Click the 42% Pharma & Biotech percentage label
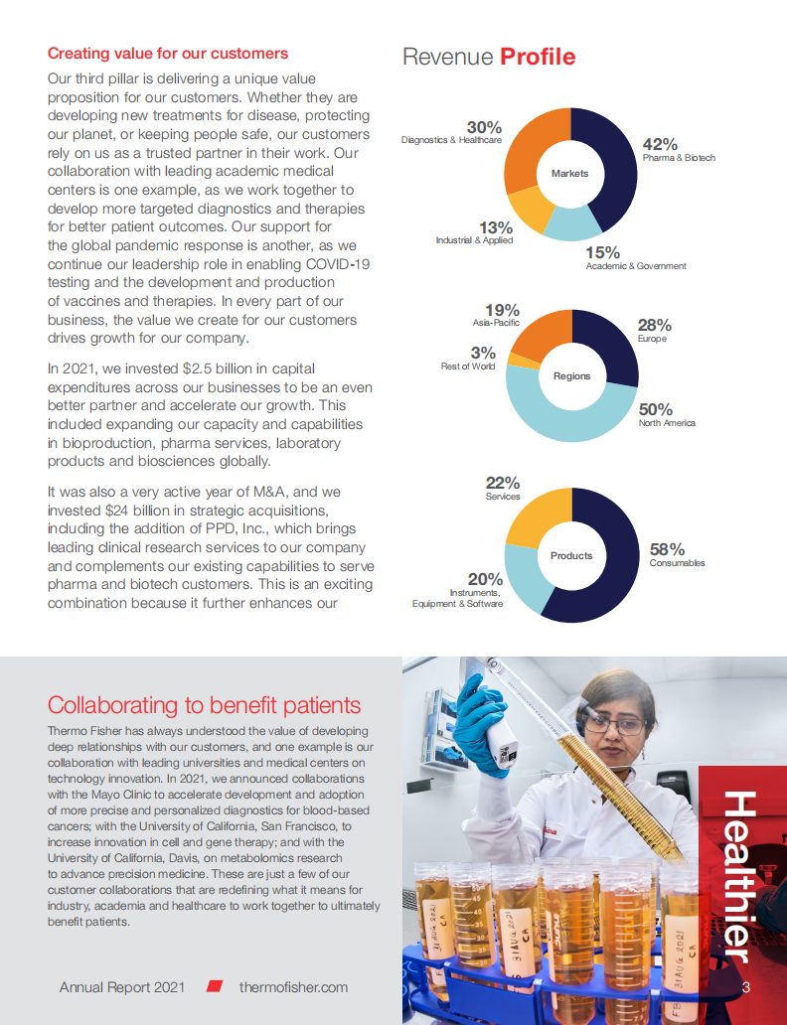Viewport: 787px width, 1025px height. coord(660,144)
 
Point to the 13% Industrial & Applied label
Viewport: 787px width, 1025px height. coord(495,227)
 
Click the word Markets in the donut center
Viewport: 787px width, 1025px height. coord(570,173)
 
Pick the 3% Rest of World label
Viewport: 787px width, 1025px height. coord(483,353)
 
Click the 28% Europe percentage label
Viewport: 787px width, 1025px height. coord(654,325)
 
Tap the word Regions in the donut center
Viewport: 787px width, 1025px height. coord(571,375)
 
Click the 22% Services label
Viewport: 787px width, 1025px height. coord(503,483)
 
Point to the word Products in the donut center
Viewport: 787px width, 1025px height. coord(571,555)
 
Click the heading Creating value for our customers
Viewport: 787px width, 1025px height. coord(168,54)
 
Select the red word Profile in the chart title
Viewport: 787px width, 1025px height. coord(538,57)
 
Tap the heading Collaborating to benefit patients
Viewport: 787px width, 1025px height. coord(204,705)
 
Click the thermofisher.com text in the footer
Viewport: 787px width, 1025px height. coord(293,987)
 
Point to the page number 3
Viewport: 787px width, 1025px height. coord(745,987)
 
